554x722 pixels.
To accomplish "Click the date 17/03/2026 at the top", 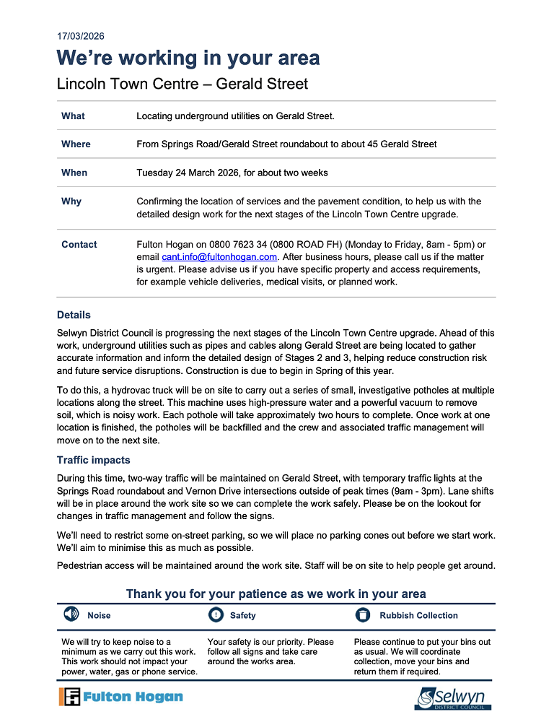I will (x=80, y=36).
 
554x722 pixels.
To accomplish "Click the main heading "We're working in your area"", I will (x=188, y=58).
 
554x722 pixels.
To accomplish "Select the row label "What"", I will (x=73, y=116).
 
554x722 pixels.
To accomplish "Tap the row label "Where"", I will (x=76, y=144).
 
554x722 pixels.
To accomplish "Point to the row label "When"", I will (x=74, y=173).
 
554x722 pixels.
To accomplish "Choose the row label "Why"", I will (x=71, y=201).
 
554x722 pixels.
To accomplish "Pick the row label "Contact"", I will (x=79, y=245).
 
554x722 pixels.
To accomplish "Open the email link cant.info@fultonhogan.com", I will (x=220, y=256).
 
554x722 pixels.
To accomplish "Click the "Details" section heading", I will (x=74, y=315).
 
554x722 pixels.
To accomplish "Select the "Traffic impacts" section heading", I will (x=93, y=460).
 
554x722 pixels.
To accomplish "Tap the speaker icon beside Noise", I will (x=71, y=615).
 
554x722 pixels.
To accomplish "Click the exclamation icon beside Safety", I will (x=216, y=615).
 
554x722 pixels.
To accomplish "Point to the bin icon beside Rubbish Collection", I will (x=363, y=615).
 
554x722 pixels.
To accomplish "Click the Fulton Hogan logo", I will (x=121, y=697).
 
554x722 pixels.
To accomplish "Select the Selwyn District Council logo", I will (x=452, y=698).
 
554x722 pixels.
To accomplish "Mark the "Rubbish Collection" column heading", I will (x=418, y=616).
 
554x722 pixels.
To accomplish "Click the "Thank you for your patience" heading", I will (x=276, y=593).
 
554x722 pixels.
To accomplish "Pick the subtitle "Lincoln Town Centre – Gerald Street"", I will (x=183, y=84).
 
